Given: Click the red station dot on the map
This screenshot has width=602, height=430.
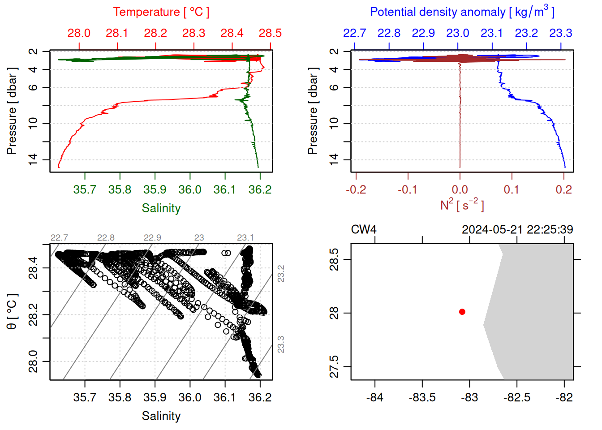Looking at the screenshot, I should pos(462,312).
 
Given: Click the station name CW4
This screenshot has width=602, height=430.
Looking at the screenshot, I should pos(363,230).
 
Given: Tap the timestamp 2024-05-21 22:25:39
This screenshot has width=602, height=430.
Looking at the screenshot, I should pos(517,230).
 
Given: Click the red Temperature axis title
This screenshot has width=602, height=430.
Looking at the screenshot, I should pos(161,12).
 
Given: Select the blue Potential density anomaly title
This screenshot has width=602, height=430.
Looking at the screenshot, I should pos(462,12).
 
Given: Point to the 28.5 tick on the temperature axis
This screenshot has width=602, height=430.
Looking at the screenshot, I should pos(270,33).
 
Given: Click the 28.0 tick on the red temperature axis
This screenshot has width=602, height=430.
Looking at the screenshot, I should pos(79,33).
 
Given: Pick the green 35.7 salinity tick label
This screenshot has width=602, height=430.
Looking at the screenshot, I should pos(85,189).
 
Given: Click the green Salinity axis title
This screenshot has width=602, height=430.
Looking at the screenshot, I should pos(161,208).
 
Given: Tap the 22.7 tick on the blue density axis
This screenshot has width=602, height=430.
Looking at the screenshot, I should pos(354,33).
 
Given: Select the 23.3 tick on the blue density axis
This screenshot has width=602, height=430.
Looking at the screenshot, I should pos(560,33).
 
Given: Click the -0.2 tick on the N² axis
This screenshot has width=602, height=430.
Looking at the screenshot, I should pos(356,189).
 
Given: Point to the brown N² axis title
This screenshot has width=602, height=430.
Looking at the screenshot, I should pos(462,205).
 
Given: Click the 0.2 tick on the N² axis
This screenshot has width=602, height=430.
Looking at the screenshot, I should pos(563,189).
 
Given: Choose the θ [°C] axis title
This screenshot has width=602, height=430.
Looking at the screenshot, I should pos(12,312).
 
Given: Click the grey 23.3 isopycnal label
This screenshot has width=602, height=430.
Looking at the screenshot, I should pos(281,344).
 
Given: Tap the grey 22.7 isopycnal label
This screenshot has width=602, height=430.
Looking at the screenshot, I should pos(59,237).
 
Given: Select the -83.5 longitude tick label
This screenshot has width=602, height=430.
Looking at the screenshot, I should pos(422,397).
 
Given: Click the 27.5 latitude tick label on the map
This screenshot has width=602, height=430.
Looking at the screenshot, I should pos(334,367).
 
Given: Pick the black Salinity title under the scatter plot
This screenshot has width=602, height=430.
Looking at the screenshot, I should pos(161,416).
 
